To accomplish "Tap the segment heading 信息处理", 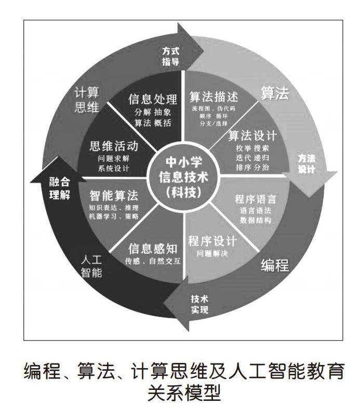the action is click(153, 99).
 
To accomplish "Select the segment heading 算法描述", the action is click(213, 97).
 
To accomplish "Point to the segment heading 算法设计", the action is click(252, 136).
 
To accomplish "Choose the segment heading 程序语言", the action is click(255, 199).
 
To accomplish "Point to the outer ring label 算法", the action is click(274, 93).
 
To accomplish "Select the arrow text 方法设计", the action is click(306, 163).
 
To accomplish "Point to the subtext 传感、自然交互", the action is click(153, 261).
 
